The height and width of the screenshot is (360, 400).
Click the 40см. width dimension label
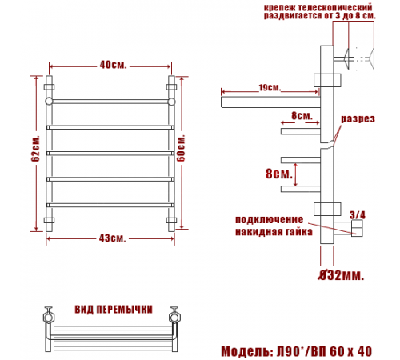[x=113, y=65]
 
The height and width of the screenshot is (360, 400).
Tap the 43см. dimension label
[x=112, y=238]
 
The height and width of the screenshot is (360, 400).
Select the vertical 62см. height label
[x=35, y=149]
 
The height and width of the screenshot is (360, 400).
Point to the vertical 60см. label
[x=181, y=148]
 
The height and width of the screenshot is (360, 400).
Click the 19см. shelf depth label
[x=270, y=87]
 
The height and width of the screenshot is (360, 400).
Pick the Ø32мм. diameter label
[x=341, y=275]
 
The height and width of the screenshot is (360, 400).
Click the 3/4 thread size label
[x=358, y=215]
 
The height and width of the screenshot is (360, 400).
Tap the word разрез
[x=358, y=119]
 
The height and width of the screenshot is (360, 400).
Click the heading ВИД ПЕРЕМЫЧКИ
[x=114, y=310]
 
